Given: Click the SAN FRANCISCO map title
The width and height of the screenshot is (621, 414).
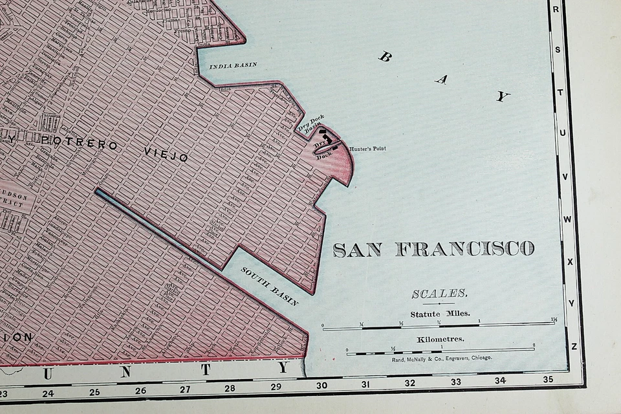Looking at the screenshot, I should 433,249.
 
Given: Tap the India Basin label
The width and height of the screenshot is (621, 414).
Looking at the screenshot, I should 233,65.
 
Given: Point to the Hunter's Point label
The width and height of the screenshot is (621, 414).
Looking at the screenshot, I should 367,149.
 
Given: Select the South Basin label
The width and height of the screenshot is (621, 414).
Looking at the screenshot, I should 270,286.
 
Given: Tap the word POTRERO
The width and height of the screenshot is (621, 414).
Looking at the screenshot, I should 80,142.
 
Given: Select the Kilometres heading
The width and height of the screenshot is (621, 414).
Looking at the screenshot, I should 440,339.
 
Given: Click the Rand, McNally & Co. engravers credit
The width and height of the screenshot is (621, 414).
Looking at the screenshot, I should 442,358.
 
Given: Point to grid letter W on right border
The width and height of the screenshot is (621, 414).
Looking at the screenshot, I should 567,219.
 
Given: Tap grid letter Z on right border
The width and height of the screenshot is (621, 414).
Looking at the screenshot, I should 574,347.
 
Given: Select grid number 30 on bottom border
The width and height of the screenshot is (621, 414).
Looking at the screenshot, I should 321,386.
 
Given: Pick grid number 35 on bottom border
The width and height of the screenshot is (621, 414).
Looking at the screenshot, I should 548,380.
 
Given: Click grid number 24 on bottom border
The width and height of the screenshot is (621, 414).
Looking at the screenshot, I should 48,393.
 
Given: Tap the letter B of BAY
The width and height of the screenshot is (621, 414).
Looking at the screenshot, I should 385,56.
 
